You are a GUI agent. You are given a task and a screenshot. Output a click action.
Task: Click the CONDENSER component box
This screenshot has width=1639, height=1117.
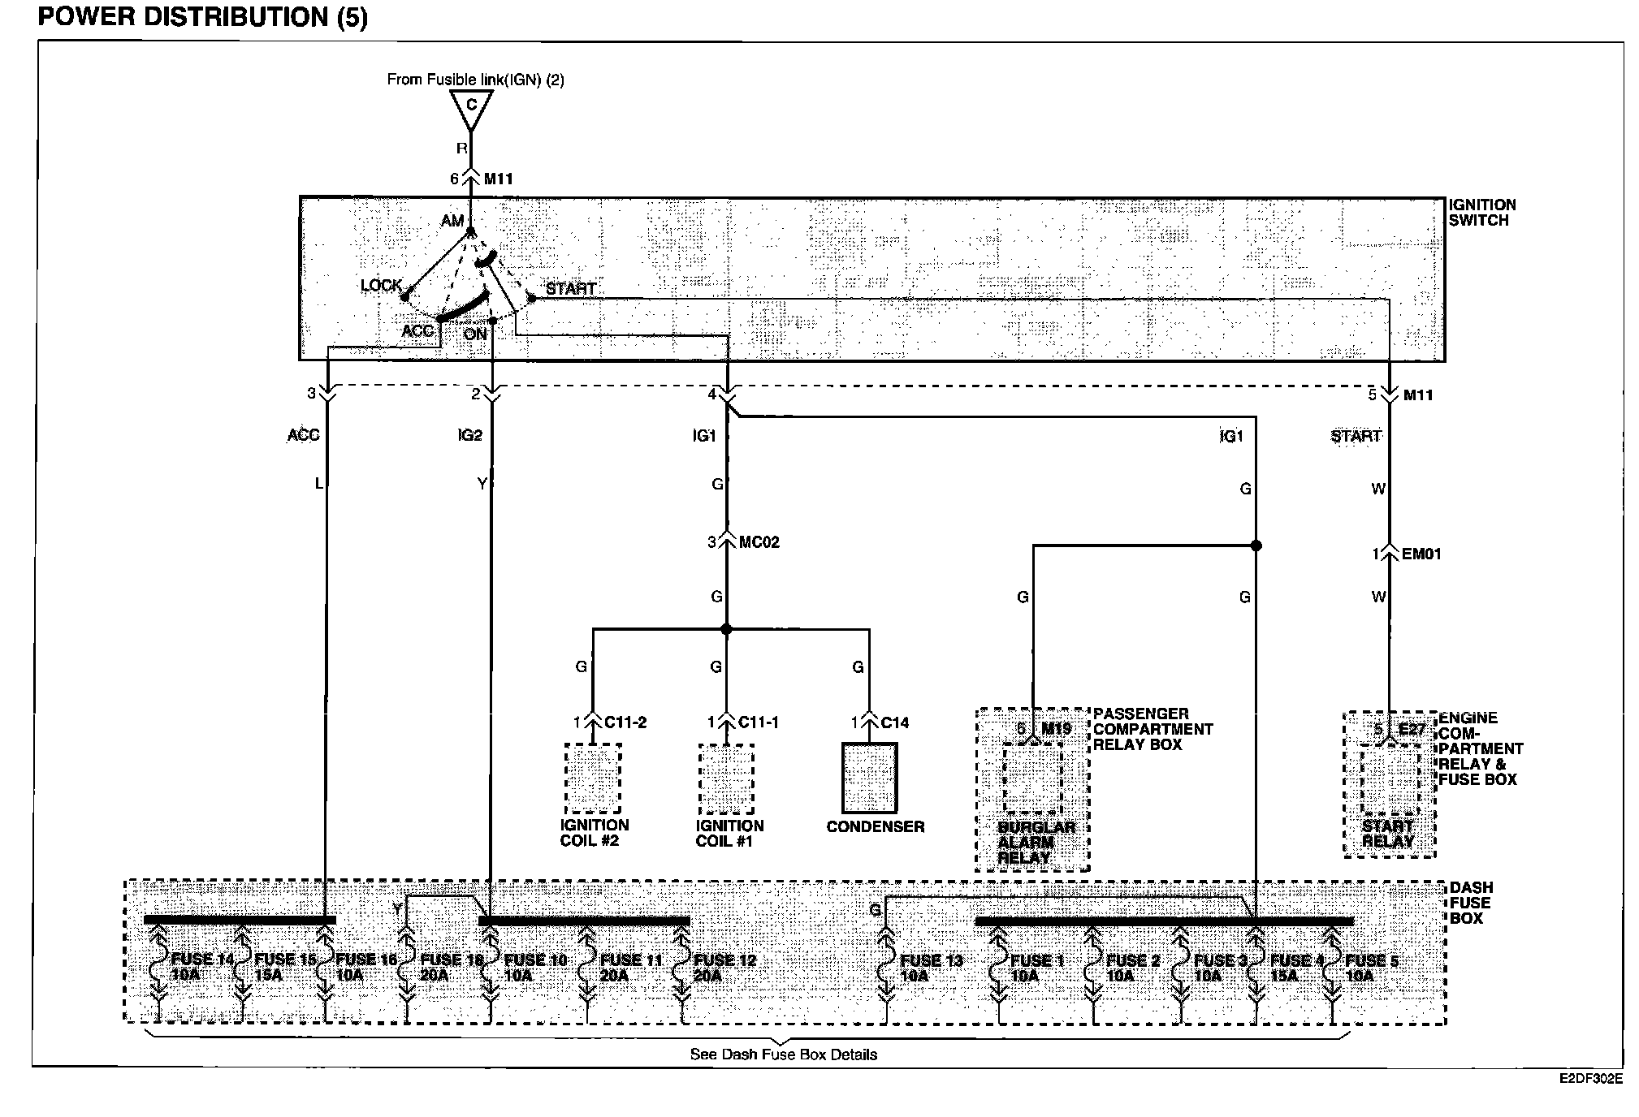click(x=870, y=778)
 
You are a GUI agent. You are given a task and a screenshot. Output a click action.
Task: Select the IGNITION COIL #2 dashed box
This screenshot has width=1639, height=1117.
click(x=593, y=778)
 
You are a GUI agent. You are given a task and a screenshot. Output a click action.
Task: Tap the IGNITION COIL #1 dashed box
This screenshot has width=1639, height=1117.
click(x=726, y=778)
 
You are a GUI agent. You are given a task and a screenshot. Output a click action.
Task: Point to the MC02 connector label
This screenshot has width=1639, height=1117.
click(x=759, y=542)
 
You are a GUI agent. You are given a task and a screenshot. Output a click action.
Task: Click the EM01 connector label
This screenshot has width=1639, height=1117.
click(x=1421, y=554)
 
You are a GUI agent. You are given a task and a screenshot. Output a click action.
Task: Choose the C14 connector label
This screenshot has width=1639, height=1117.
click(x=894, y=722)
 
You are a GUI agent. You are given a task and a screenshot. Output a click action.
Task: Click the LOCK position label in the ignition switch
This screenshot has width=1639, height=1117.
click(x=381, y=286)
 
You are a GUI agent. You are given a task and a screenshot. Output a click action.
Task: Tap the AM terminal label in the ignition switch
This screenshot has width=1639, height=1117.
click(x=452, y=221)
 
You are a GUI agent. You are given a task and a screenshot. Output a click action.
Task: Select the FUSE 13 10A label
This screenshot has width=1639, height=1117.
click(x=931, y=968)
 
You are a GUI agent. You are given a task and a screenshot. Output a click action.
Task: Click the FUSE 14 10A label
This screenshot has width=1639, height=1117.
click(x=201, y=967)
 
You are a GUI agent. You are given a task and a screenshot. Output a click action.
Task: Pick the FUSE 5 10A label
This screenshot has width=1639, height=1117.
click(x=1371, y=968)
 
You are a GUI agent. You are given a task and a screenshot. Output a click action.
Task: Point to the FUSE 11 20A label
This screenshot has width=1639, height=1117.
click(x=630, y=968)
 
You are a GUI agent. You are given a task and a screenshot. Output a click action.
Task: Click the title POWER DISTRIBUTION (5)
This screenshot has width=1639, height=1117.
click(x=203, y=17)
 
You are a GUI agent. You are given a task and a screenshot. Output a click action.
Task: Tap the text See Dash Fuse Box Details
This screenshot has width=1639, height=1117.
click(x=783, y=1054)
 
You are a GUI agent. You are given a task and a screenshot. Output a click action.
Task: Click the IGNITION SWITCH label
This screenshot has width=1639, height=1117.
click(x=1482, y=213)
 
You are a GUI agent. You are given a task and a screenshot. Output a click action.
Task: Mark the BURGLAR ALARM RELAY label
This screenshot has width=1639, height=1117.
click(x=1036, y=842)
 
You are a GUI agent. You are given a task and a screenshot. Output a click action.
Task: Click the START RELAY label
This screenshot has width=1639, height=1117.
click(x=1388, y=834)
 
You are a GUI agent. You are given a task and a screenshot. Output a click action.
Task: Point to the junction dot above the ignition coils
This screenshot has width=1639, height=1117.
click(x=726, y=629)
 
